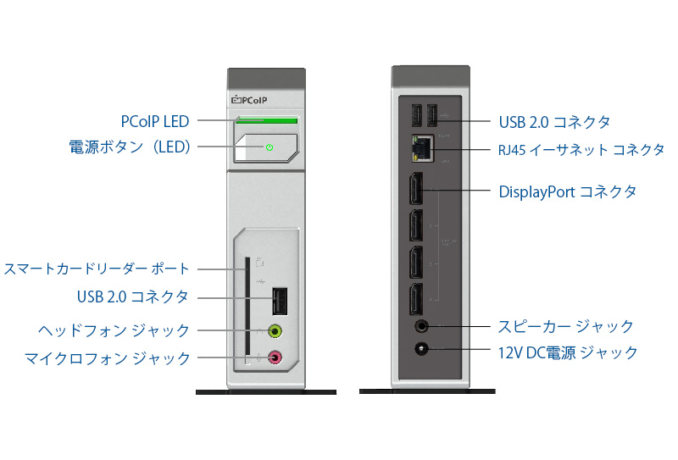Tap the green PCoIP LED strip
pos(267,122)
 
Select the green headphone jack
pos(275,331)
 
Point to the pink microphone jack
pos(275,358)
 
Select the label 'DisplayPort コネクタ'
pos(567,191)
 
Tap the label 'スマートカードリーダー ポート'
pos(97,269)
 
